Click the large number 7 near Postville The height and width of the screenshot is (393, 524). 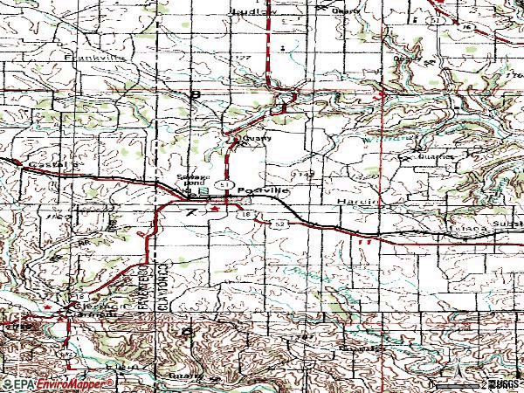(x=190, y=212)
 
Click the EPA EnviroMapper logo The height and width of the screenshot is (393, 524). (x=58, y=383)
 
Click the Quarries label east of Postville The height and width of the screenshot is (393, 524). (x=414, y=159)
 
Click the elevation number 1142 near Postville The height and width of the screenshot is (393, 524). (x=304, y=176)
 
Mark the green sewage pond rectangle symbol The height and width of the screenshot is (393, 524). (x=203, y=190)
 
